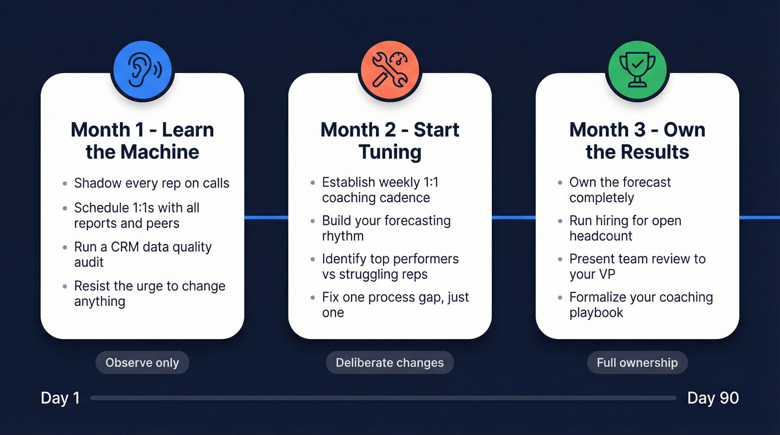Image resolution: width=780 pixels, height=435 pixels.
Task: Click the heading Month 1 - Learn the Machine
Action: pos(143,140)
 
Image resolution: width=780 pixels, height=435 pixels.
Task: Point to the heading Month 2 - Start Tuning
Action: pos(390,140)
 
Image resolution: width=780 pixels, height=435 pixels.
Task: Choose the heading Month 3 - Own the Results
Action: pos(637,140)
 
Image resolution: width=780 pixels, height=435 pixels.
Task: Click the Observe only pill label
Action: pos(142,363)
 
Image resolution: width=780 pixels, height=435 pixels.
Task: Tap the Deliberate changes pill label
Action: pos(389,363)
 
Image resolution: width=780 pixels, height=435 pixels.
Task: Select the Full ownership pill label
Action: pos(637,363)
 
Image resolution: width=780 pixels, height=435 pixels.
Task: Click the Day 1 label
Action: pos(60,398)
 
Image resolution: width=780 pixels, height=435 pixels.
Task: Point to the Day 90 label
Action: pos(713,398)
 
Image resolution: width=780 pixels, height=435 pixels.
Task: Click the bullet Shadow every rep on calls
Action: pos(152,183)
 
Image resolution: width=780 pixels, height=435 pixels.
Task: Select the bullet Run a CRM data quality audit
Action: pos(143,255)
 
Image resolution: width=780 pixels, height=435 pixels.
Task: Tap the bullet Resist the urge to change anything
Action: pos(149,294)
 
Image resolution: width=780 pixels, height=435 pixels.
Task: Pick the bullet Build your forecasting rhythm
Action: pos(386,228)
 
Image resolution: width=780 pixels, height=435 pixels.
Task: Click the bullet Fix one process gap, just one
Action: pos(395,305)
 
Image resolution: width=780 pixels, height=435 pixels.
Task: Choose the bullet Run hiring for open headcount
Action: pos(625,228)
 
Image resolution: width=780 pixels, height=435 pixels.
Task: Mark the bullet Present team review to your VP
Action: pos(637,266)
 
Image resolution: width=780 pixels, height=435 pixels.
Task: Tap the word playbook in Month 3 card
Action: pos(596,312)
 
